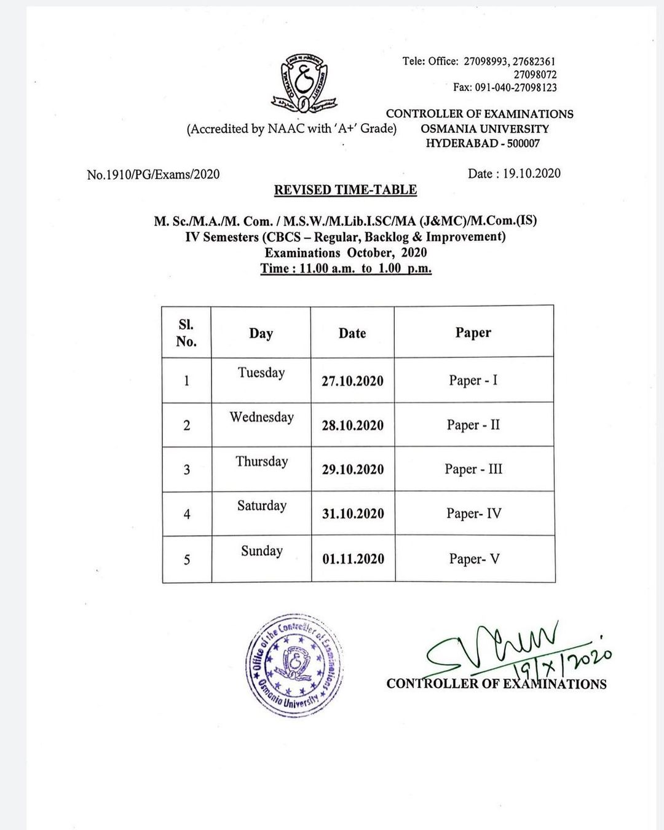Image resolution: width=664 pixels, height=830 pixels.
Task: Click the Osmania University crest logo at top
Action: coord(304,83)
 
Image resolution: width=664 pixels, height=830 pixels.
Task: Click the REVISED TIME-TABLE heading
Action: coord(346,190)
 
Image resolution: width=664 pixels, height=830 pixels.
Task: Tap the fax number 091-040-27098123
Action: coord(505,88)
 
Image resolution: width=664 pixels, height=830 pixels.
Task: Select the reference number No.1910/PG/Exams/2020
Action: coord(153,175)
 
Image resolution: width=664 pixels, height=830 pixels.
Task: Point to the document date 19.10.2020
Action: coord(514,174)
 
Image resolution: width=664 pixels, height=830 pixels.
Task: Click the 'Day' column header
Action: coord(261,333)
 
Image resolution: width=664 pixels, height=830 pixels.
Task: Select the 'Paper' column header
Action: coord(473,333)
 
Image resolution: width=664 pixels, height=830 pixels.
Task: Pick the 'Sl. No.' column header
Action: coord(186,333)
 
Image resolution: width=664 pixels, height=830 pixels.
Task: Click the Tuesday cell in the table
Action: coord(261,373)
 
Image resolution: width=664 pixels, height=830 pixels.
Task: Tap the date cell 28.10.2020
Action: coord(352,425)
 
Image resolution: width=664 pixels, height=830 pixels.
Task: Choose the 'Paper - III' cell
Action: coord(473,469)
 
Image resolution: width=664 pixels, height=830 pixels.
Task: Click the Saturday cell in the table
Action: coord(262,506)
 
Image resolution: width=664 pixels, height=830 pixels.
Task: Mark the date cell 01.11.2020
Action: coord(353,559)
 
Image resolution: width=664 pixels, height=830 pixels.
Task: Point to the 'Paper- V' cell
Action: coord(474,559)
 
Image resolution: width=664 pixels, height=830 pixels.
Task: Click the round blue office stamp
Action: coord(293,665)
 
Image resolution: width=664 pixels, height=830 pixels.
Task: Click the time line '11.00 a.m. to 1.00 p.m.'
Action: coord(346,269)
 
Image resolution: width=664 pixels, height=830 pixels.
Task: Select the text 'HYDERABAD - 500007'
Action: coord(483,144)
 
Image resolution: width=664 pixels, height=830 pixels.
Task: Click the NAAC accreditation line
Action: coord(291,129)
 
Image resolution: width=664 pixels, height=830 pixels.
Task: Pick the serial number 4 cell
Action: coord(187,514)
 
